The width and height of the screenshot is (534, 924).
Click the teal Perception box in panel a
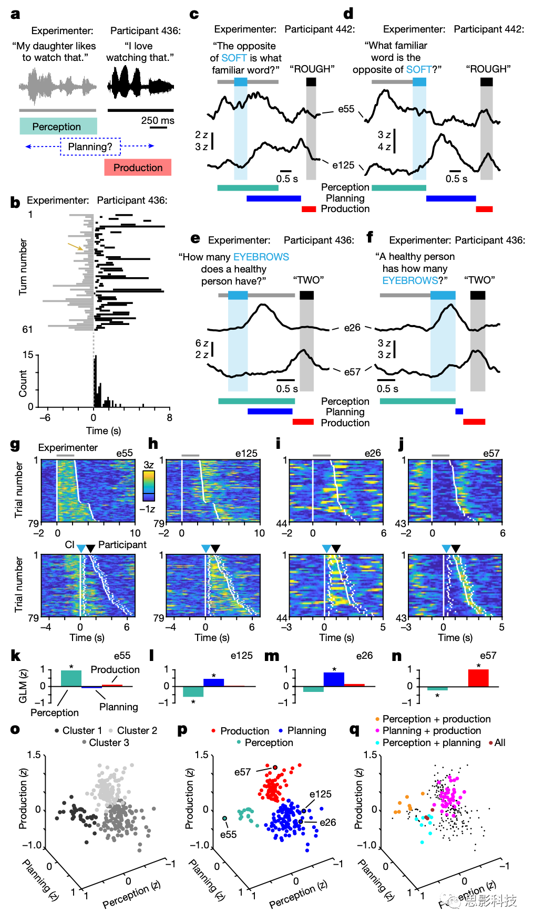(58, 127)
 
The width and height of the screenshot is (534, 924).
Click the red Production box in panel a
(138, 167)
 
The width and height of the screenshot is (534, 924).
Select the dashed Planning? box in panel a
(90, 146)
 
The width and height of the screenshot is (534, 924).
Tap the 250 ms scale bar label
(158, 120)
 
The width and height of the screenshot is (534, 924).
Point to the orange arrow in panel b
(75, 246)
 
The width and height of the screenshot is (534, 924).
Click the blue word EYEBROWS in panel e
(261, 257)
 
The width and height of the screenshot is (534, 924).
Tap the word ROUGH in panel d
(488, 69)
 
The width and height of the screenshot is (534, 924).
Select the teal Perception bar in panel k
(71, 678)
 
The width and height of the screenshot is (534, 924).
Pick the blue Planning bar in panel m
(334, 679)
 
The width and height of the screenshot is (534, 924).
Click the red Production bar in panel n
(478, 678)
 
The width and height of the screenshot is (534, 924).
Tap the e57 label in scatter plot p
(242, 772)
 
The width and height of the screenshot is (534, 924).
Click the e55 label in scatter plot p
(228, 834)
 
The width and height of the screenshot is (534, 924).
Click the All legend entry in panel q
(499, 742)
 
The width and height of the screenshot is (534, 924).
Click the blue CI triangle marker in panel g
(80, 549)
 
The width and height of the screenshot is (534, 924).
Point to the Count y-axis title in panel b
(23, 383)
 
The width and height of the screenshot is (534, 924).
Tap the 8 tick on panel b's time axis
(169, 418)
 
